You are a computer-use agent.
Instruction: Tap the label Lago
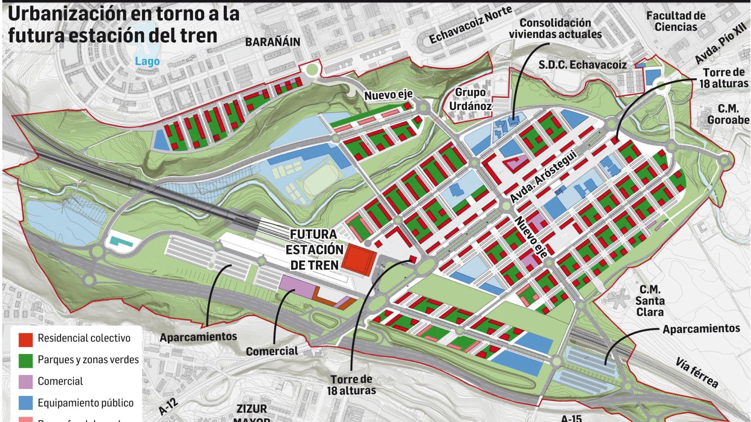(x=147, y=61)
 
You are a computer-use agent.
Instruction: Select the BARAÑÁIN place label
(x=273, y=42)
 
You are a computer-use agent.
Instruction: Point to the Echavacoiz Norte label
(x=471, y=26)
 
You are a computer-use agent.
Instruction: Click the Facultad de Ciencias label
(x=676, y=21)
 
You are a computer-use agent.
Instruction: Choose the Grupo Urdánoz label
(x=470, y=99)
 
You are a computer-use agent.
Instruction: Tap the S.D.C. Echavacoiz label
(x=582, y=65)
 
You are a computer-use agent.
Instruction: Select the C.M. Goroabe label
(x=728, y=114)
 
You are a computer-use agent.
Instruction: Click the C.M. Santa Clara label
(x=650, y=300)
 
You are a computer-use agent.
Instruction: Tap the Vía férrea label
(x=697, y=372)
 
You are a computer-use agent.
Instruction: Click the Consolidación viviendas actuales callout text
(x=555, y=29)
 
